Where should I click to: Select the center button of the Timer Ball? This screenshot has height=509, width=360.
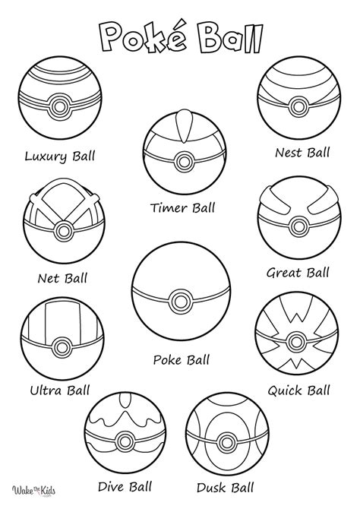coord(183,160)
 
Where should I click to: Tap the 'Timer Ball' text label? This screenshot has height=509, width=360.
coord(183,207)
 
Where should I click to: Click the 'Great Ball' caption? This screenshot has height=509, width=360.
coord(298,272)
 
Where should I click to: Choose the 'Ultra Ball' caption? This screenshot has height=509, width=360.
coord(61,391)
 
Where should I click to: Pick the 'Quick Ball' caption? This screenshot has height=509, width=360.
coord(298,391)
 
